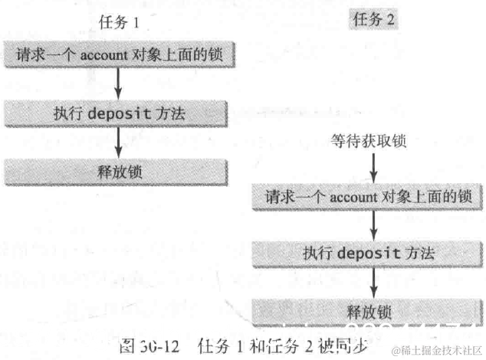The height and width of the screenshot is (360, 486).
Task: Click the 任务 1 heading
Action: [x=117, y=23]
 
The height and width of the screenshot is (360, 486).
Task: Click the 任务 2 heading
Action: [x=373, y=21]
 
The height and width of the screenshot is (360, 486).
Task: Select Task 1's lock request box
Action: [x=117, y=56]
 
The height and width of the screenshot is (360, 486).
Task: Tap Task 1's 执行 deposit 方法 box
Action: [x=117, y=113]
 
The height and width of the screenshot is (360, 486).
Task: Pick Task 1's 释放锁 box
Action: [x=117, y=170]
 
